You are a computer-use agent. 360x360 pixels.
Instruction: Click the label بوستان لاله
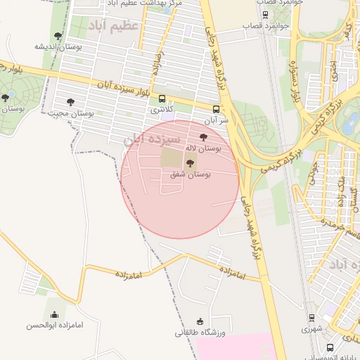click(204, 148)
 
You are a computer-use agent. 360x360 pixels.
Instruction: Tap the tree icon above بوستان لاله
click(204, 138)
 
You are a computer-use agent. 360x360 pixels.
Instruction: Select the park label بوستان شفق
click(191, 173)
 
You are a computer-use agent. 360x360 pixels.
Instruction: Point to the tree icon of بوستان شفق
click(190, 163)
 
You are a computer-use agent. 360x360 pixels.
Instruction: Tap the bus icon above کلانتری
click(162, 99)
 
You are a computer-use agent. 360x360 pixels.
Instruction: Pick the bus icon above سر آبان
click(216, 109)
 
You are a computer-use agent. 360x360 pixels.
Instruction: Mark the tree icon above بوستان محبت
click(70, 102)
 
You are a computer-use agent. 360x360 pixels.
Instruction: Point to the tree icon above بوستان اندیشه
click(58, 37)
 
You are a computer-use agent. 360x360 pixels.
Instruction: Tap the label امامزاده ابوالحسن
click(55, 325)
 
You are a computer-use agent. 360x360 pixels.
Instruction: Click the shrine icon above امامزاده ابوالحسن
click(55, 314)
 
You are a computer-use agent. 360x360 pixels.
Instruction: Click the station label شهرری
click(311, 328)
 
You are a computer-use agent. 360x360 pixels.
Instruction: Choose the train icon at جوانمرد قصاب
click(265, 14)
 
